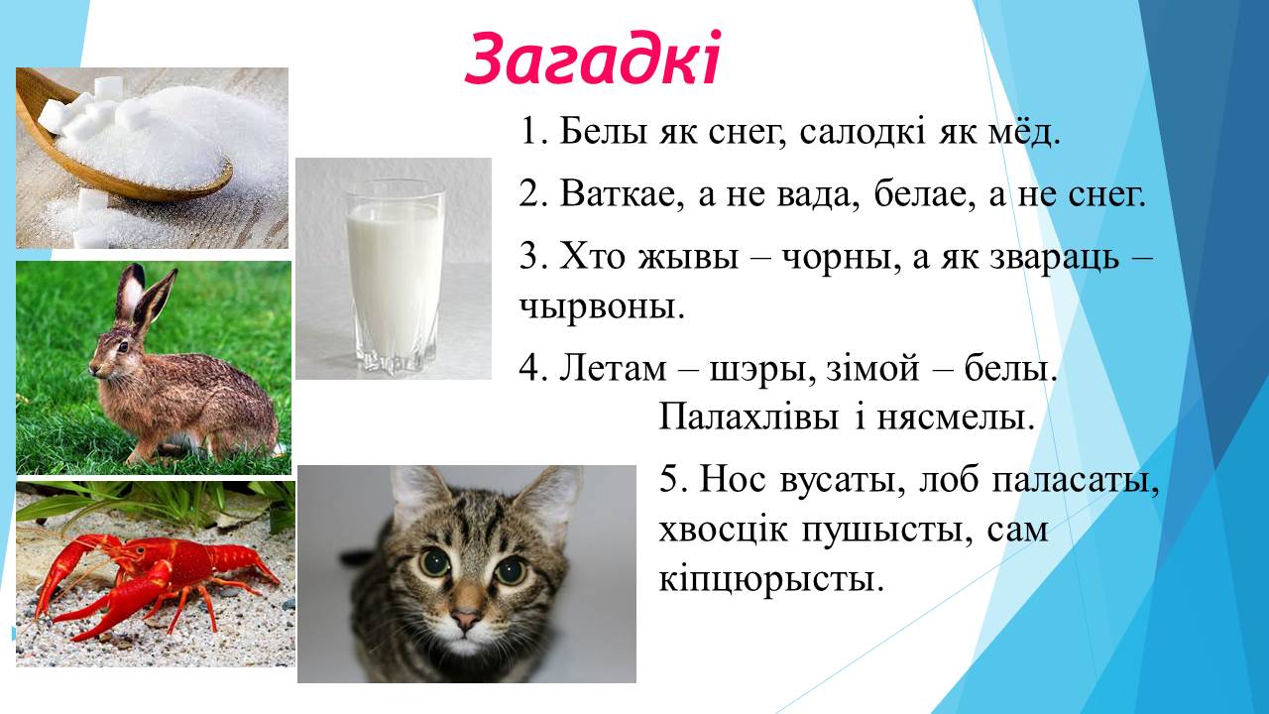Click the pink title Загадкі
[x=593, y=59]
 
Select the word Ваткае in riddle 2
[x=622, y=194]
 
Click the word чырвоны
[x=602, y=307]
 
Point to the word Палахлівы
[x=749, y=417]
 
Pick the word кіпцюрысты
[x=771, y=579]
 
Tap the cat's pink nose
[x=466, y=618]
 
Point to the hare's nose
[x=93, y=370]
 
